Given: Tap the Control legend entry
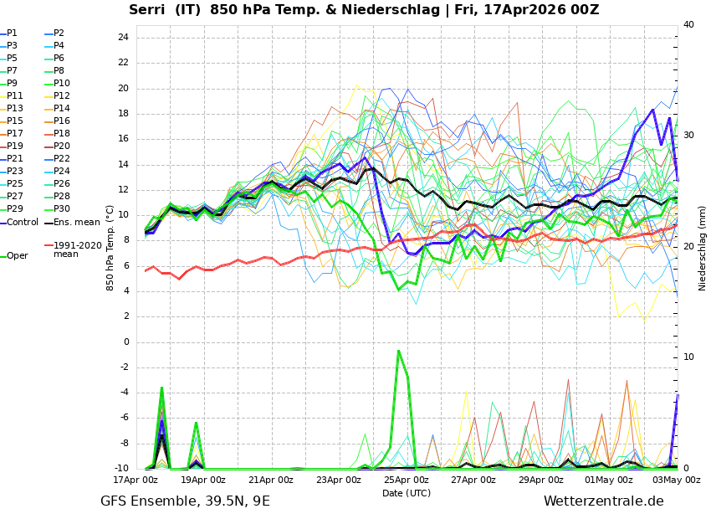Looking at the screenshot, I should point(23,223).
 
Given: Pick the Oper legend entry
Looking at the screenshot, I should point(17,256).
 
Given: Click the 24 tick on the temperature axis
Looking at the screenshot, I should point(122,38).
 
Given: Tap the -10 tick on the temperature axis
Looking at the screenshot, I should point(120,469).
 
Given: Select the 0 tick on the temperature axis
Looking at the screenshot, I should point(125,342).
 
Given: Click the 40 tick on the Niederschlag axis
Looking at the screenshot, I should point(688,25).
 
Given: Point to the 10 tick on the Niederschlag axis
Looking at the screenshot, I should point(688,357).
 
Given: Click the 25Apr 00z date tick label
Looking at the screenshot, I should point(407,480).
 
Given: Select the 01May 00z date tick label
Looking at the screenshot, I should point(609,480).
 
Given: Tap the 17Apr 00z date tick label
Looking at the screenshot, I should point(136,480).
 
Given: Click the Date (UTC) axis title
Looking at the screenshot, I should point(407,494).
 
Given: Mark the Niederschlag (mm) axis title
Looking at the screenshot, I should point(703,248).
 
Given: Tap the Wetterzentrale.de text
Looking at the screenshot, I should point(603,501).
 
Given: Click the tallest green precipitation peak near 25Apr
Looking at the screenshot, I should point(399,351).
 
